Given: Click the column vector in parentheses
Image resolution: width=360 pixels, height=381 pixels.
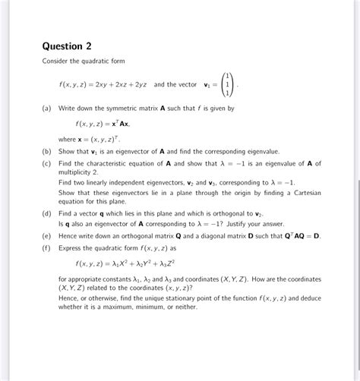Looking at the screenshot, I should click(x=227, y=84).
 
